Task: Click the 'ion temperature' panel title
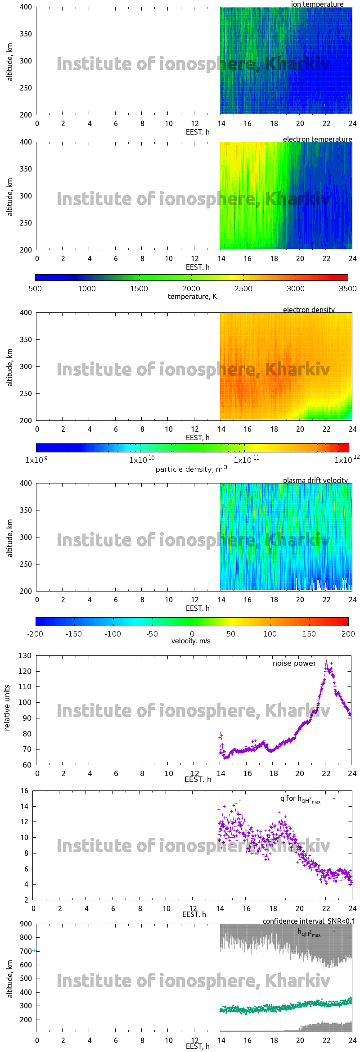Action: pos(317,5)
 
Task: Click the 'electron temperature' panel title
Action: pos(317,139)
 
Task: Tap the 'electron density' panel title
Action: pos(309,310)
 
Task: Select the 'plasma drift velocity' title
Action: pos(315,480)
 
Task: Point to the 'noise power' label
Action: pos(294,663)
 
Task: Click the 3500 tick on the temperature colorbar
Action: pos(347,289)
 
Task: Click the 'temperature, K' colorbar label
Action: pos(192,297)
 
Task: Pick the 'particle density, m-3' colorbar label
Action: pos(191,469)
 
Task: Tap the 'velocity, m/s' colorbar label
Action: pos(191,641)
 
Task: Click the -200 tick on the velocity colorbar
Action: pos(35,634)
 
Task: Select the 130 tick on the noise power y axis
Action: pos(25,655)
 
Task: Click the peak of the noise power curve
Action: pos(326,661)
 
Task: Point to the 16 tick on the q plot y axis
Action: pos(24,790)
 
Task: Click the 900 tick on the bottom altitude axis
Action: pos(26,924)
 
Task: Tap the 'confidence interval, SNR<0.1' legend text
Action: pos(309,921)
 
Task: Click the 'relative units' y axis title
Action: pos(7,708)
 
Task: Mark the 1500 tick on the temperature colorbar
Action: pos(139,289)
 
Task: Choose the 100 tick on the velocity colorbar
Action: pos(270,634)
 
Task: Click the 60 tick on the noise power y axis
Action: pos(27,765)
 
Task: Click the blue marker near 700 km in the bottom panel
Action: pos(34,950)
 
